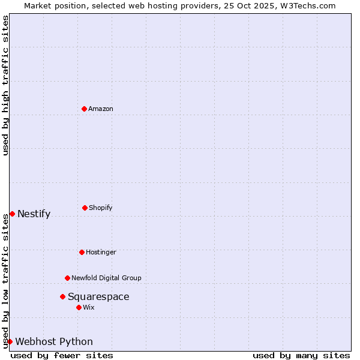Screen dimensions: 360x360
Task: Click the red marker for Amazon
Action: (x=84, y=109)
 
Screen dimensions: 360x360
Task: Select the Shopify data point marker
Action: (x=85, y=208)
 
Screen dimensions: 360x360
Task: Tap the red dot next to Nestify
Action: (x=12, y=214)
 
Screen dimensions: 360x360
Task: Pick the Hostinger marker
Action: (x=82, y=252)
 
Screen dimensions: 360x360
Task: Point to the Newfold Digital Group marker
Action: (x=67, y=278)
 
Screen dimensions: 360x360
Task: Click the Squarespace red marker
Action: (x=62, y=296)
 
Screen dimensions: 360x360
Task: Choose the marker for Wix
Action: (x=79, y=307)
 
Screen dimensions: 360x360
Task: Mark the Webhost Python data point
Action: (x=10, y=341)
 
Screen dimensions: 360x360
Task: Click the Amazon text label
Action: (x=101, y=109)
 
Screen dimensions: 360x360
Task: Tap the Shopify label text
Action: (x=101, y=208)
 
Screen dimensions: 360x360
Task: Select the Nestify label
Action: (x=34, y=214)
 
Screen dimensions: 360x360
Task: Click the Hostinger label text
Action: (x=101, y=252)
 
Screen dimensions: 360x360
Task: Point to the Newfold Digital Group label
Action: (x=106, y=278)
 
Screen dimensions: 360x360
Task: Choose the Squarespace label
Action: (x=98, y=296)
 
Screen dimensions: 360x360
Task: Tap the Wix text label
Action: (x=89, y=307)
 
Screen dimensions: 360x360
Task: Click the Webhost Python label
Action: (x=54, y=342)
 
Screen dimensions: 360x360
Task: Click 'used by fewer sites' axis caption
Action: (x=62, y=355)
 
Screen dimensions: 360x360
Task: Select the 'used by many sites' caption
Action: (x=301, y=355)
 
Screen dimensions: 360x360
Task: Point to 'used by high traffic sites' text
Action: (x=6, y=85)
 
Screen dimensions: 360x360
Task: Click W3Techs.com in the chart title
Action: (x=307, y=5)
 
